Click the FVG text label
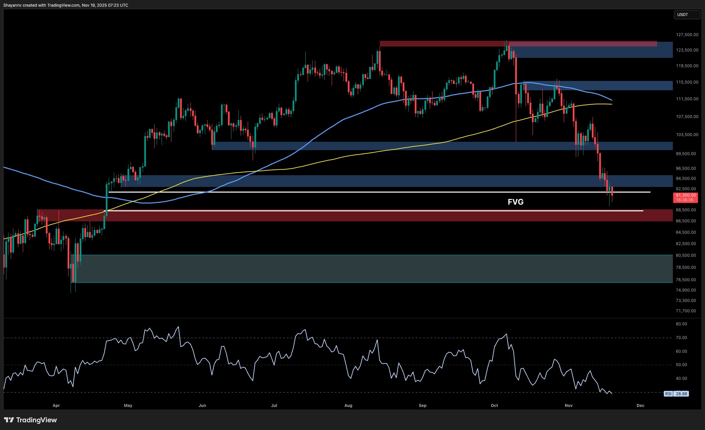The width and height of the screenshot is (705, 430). click(x=516, y=202)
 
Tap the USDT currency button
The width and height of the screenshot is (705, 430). click(x=687, y=15)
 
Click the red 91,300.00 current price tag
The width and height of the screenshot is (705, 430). click(x=686, y=198)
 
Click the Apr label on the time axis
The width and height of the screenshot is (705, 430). click(x=56, y=406)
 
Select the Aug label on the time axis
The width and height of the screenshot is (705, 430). click(x=348, y=406)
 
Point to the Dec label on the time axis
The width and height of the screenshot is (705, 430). click(x=640, y=406)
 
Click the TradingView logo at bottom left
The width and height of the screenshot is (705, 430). click(x=30, y=420)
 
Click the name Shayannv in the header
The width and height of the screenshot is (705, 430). click(x=12, y=5)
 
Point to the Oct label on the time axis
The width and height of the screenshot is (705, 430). click(x=494, y=406)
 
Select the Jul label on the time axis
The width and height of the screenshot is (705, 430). click(x=274, y=406)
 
